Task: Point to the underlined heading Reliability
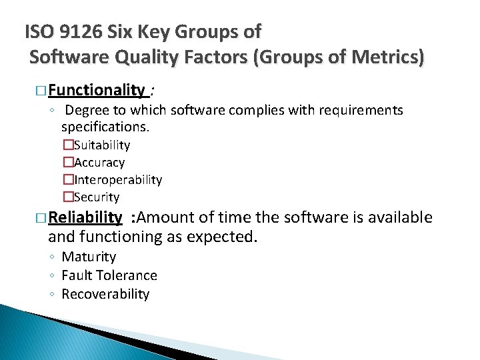point(85,217)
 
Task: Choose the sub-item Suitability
point(102,145)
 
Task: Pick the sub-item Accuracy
point(99,162)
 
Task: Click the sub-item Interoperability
point(118,179)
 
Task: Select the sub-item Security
point(97,197)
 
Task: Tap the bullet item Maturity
point(89,257)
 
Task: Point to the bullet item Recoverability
point(105,294)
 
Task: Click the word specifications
point(105,126)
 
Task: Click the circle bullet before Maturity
point(52,257)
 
